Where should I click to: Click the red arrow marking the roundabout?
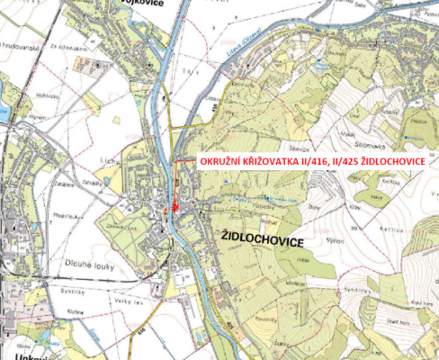pos(173,208)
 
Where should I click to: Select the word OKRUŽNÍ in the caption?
pos(217,161)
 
